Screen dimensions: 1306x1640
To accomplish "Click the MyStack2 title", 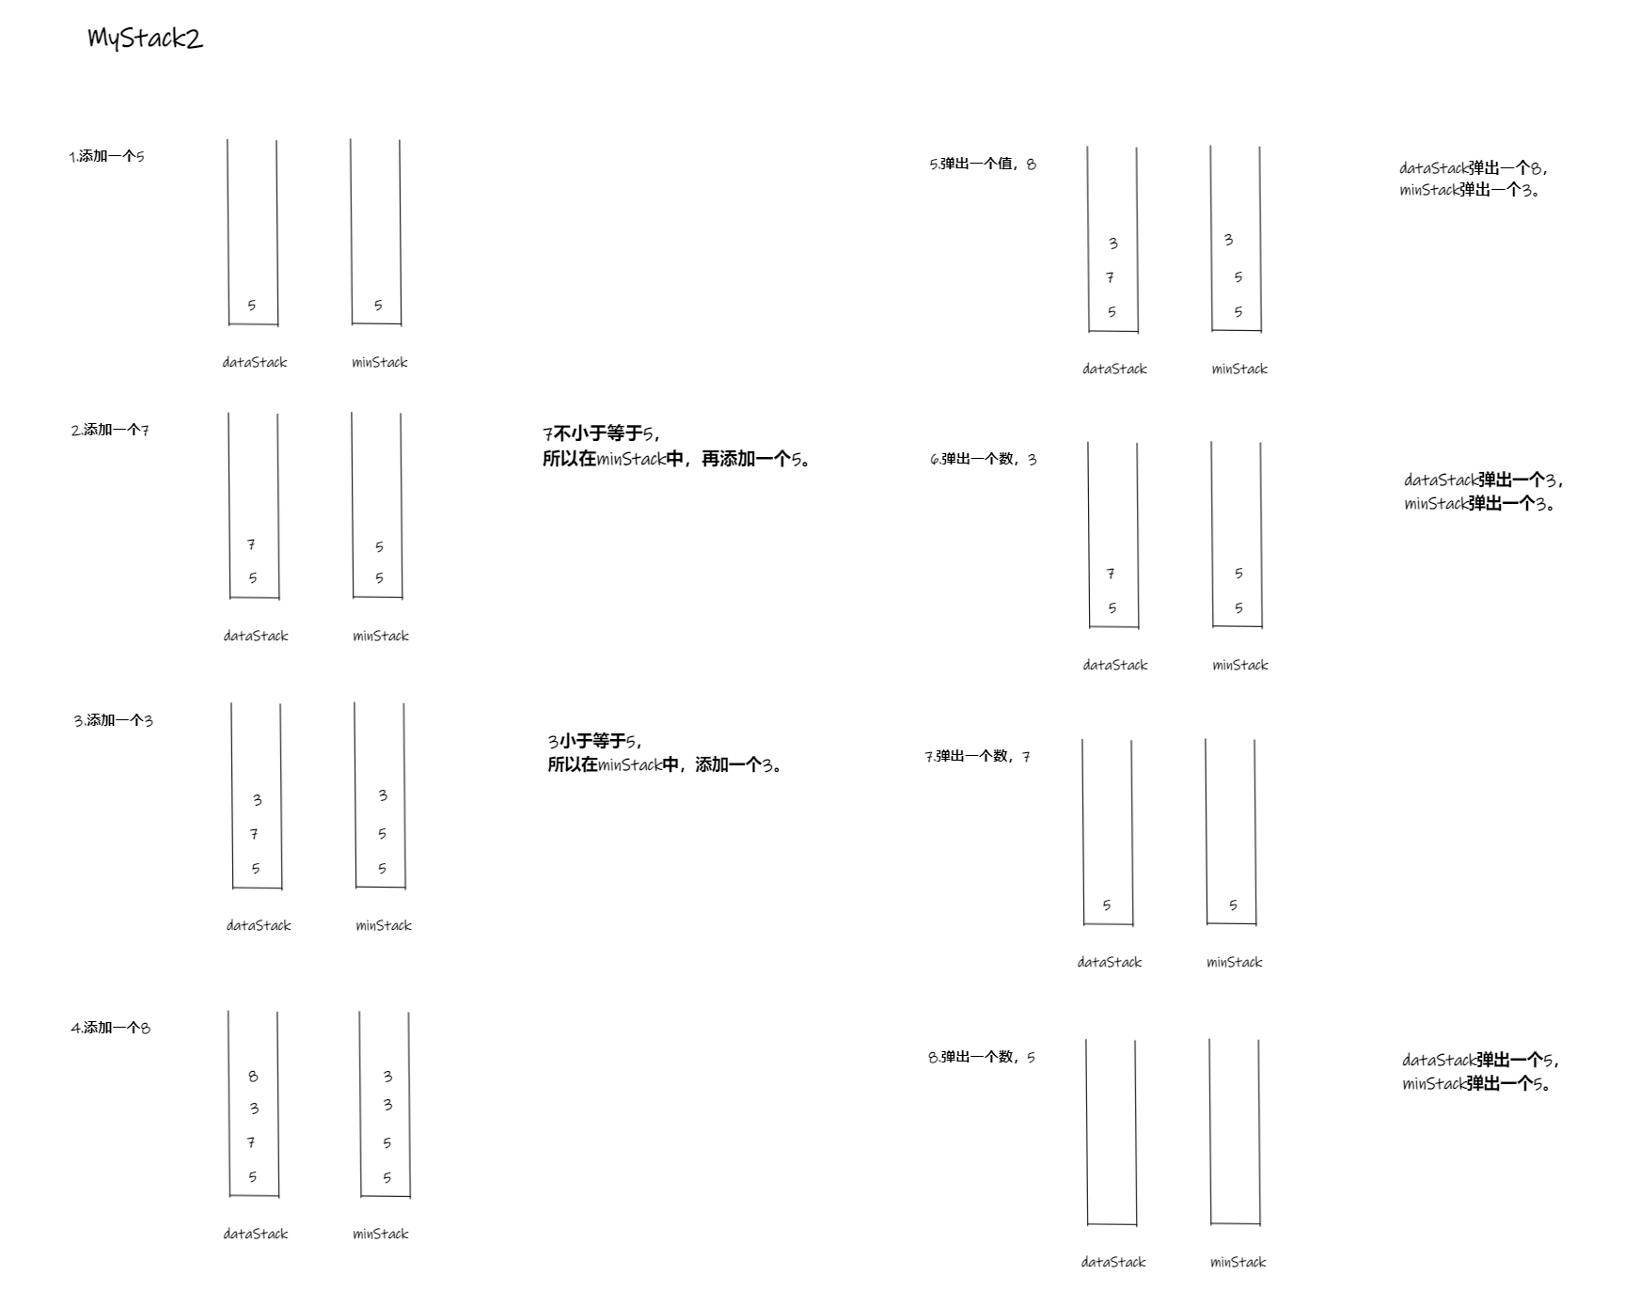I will [x=145, y=38].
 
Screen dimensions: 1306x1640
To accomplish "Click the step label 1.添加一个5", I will [x=106, y=156].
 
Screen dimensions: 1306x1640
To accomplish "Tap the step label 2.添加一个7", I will [x=109, y=430].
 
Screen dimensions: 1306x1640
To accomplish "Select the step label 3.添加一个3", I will [x=113, y=720].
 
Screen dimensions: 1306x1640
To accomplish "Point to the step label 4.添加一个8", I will [x=110, y=1028].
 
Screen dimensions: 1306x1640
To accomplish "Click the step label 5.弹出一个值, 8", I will [x=982, y=164].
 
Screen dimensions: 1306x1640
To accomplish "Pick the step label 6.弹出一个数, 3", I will [x=983, y=459].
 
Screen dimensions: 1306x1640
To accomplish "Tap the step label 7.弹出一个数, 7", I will [x=977, y=756].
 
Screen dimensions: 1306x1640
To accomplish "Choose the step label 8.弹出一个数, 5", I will [x=981, y=1057].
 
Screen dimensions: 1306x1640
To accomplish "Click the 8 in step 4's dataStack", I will [x=253, y=1076].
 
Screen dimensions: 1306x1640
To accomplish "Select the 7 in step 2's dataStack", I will [x=251, y=544].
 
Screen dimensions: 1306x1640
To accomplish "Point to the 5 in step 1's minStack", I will [x=378, y=305].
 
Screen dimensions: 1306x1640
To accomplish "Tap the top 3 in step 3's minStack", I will [x=383, y=795].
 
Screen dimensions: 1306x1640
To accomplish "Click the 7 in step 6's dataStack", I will [x=1111, y=573].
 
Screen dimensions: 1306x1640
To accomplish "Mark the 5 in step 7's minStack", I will [x=1233, y=905].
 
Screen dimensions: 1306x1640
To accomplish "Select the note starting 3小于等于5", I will [x=665, y=752].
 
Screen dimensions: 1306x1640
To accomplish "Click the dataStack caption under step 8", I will [x=1113, y=1262].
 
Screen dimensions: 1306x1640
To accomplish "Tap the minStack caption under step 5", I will [x=1239, y=369].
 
